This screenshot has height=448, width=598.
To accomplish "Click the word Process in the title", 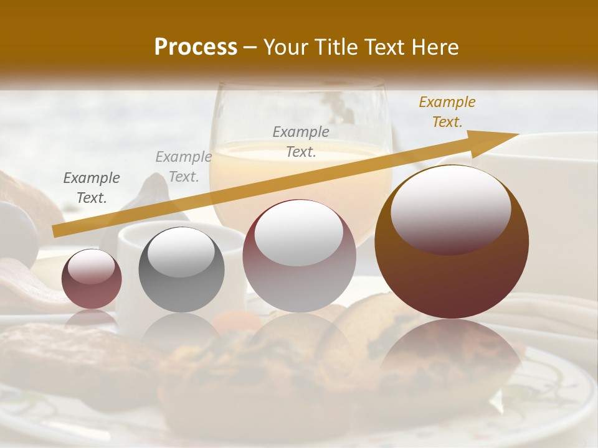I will pyautogui.click(x=196, y=47).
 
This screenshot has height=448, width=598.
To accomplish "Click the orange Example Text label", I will pyautogui.click(x=447, y=112).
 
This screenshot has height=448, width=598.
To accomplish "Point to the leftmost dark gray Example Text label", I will pyautogui.click(x=92, y=188).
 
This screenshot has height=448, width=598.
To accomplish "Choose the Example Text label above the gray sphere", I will pyautogui.click(x=184, y=167).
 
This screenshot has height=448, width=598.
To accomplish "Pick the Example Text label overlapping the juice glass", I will pyautogui.click(x=301, y=141).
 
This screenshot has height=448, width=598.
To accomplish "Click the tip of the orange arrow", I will pyautogui.click(x=518, y=134).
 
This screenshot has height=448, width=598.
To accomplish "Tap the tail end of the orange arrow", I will pyautogui.click(x=54, y=231).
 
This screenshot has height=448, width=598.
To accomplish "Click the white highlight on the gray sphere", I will pyautogui.click(x=181, y=252).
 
